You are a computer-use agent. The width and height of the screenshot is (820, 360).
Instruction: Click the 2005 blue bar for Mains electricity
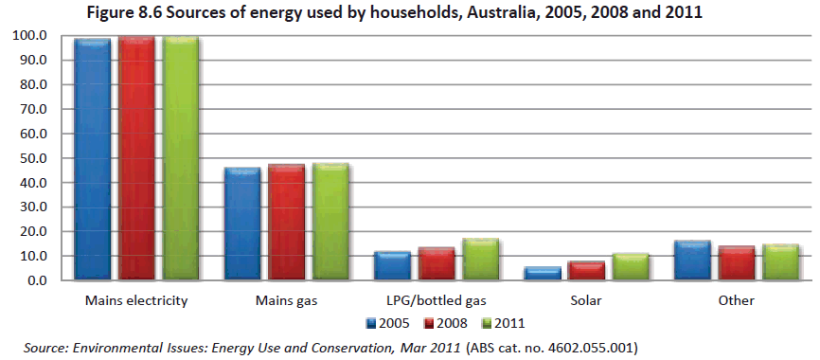(94, 159)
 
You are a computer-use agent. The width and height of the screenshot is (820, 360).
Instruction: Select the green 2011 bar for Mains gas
(331, 223)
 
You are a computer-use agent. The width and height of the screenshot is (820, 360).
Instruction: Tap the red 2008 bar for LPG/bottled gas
(437, 264)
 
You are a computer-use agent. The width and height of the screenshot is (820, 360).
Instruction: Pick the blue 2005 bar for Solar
(543, 274)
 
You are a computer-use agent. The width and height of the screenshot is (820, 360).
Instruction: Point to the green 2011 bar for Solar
(632, 267)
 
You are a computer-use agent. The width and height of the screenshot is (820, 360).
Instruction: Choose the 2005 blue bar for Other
(692, 261)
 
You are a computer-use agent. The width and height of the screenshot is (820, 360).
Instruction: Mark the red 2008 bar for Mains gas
(287, 223)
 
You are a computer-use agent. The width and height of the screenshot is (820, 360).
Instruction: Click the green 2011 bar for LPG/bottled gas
(481, 260)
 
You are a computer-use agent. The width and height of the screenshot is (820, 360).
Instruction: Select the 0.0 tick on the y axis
(37, 280)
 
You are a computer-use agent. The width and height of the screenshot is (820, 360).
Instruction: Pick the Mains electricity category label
(135, 301)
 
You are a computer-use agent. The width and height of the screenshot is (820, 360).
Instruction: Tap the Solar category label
(586, 301)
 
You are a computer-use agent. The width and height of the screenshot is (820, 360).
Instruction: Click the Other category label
(736, 301)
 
